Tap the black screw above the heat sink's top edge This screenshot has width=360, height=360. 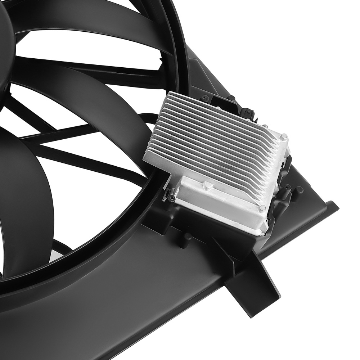(x=206, y=97)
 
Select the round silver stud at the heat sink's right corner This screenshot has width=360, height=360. (x=284, y=137)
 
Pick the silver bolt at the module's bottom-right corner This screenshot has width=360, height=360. (x=263, y=208)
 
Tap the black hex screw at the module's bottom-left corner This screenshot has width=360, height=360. (x=172, y=198)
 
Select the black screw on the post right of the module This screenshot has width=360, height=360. (x=288, y=187)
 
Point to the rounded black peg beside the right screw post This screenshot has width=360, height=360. (x=299, y=190)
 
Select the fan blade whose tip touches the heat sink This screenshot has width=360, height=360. (x=119, y=108)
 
